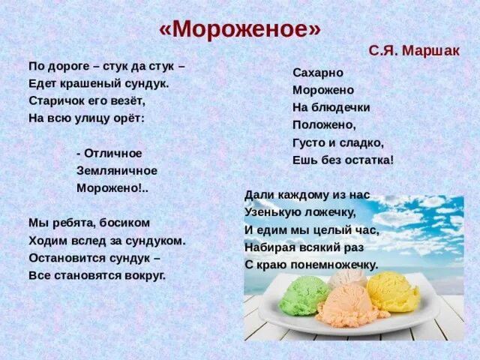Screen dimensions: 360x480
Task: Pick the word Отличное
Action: tap(112, 153)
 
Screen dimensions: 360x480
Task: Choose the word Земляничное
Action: tap(116, 170)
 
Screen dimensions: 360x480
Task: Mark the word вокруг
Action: tap(145, 274)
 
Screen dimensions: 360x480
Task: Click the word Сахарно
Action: tap(318, 73)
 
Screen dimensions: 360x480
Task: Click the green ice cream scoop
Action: tap(303, 295)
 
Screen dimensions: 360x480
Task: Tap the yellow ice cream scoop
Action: tap(394, 291)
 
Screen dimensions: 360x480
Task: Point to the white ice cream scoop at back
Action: tap(347, 277)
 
